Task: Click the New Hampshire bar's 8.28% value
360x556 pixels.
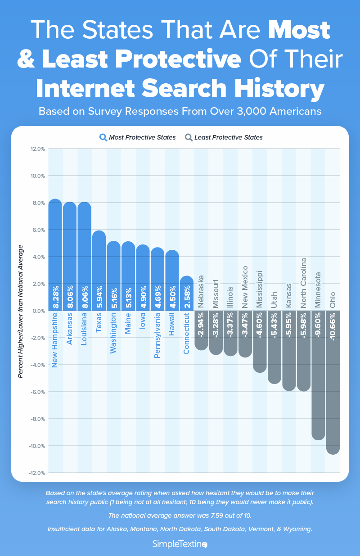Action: click(x=55, y=298)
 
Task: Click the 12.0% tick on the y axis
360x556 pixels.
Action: click(x=37, y=149)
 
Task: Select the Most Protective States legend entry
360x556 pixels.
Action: click(x=142, y=137)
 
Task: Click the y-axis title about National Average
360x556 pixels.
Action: click(x=21, y=311)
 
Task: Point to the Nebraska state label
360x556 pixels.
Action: click(x=201, y=291)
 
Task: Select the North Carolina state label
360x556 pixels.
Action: click(x=304, y=283)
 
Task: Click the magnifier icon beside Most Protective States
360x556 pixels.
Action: click(x=103, y=137)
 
